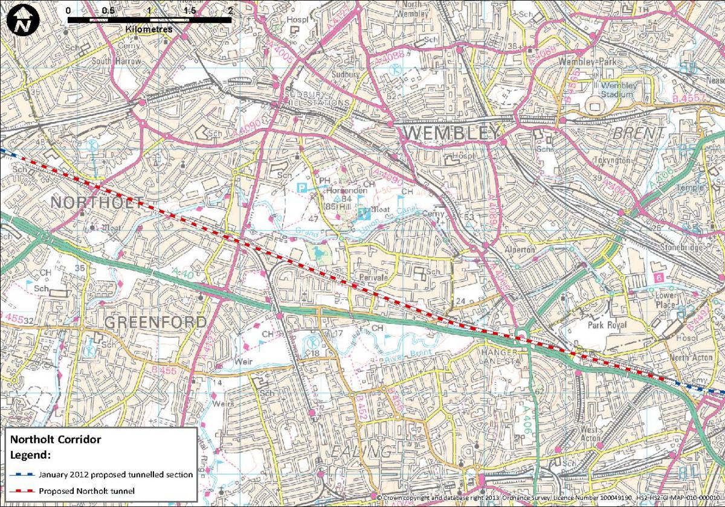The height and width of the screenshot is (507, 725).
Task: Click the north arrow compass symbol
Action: pyautogui.click(x=22, y=23)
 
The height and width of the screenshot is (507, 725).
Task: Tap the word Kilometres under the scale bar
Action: pyautogui.click(x=149, y=29)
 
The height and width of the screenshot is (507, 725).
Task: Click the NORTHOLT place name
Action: pyautogui.click(x=97, y=202)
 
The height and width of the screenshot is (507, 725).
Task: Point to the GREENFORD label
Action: pyautogui.click(x=155, y=322)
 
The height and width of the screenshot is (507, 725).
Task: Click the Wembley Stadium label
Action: pyautogui.click(x=619, y=89)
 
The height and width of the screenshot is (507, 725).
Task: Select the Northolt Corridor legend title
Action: pyautogui.click(x=56, y=439)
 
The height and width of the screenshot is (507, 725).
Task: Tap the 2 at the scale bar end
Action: pyautogui.click(x=230, y=10)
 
